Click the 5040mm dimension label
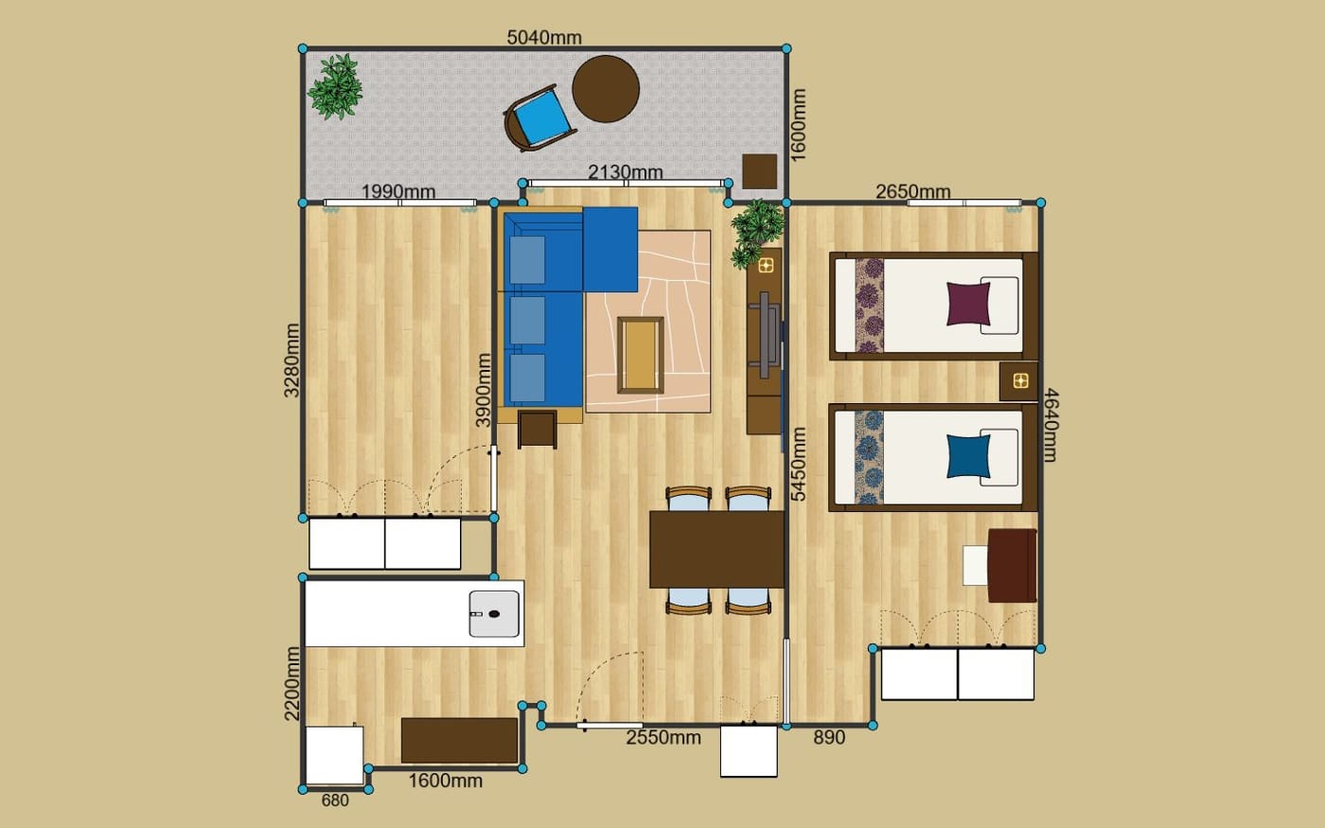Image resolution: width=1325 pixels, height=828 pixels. click(x=544, y=38)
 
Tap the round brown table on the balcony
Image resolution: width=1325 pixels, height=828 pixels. click(x=606, y=89)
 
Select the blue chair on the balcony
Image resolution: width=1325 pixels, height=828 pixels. click(x=539, y=118)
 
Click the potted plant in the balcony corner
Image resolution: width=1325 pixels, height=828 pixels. click(x=335, y=86)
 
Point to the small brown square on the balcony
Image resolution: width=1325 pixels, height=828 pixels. click(x=759, y=171)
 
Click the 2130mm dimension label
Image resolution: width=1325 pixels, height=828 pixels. click(x=626, y=172)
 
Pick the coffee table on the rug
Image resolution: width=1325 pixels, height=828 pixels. click(x=640, y=355)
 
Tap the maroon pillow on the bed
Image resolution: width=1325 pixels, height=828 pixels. click(x=968, y=304)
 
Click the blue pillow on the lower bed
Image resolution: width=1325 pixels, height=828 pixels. click(x=968, y=456)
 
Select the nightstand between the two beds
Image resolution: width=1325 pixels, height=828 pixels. click(x=1018, y=380)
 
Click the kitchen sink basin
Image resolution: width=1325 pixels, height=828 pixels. click(x=494, y=614)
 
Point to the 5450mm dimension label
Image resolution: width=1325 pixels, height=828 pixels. click(x=799, y=465)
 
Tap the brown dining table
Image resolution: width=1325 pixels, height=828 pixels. click(x=717, y=550)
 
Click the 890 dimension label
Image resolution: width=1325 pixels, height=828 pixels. click(x=829, y=737)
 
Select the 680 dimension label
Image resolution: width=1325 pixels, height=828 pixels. click(x=335, y=801)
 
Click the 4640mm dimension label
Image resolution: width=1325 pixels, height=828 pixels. click(x=1050, y=425)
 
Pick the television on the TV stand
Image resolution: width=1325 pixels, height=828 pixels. click(x=767, y=334)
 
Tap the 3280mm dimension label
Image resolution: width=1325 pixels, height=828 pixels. click(x=292, y=361)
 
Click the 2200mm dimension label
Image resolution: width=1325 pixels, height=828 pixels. click(x=292, y=683)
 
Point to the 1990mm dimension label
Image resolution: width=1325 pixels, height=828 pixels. click(x=398, y=191)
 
